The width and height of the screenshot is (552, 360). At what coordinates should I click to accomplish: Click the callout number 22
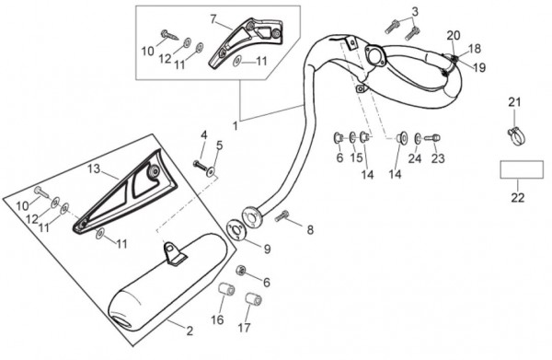click(x=518, y=197)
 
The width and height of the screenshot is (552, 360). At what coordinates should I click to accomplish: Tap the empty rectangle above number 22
click(x=522, y=169)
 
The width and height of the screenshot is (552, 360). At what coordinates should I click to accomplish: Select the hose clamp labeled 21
click(x=516, y=136)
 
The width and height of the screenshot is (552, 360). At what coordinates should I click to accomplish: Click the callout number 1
click(x=235, y=126)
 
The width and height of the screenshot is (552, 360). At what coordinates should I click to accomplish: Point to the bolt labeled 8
click(x=282, y=215)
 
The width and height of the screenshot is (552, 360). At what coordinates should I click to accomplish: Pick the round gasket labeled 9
click(x=236, y=229)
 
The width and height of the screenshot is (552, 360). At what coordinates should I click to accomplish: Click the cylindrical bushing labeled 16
click(x=227, y=292)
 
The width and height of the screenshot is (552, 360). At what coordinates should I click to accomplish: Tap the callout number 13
click(x=94, y=169)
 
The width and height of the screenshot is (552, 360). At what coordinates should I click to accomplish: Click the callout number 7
click(x=213, y=19)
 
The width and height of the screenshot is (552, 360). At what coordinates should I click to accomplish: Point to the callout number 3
click(x=415, y=12)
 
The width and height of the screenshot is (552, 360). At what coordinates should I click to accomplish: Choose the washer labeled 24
click(x=418, y=138)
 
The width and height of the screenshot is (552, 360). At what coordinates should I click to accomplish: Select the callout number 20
click(x=454, y=35)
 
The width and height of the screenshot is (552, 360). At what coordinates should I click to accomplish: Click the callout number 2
click(x=190, y=331)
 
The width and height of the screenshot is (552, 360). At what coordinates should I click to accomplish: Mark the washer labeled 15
click(x=352, y=136)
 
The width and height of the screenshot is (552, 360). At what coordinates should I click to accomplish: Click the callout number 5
click(x=219, y=145)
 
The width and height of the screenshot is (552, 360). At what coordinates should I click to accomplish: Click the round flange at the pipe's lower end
click(x=250, y=215)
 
